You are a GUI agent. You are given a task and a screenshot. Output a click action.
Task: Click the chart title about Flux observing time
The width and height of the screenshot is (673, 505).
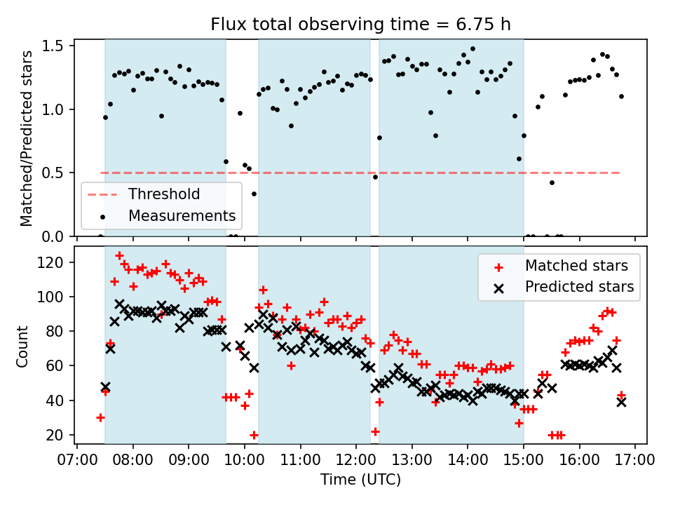click(x=361, y=25)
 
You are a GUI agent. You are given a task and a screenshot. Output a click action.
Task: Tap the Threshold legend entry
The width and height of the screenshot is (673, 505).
click(x=163, y=194)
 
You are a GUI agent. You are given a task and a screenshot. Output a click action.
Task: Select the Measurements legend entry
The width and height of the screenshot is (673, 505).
click(x=182, y=215)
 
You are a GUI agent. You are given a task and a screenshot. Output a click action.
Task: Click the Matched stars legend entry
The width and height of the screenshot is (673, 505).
click(x=576, y=266)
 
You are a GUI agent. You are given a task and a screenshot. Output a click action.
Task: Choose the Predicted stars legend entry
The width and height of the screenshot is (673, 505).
click(x=579, y=287)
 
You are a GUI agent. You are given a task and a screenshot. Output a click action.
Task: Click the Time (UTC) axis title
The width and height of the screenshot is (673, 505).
click(x=361, y=480)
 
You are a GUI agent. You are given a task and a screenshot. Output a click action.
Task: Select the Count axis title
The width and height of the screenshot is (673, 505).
click(x=23, y=346)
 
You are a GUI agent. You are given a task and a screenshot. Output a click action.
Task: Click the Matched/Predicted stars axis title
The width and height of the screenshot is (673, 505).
click(x=27, y=138)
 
